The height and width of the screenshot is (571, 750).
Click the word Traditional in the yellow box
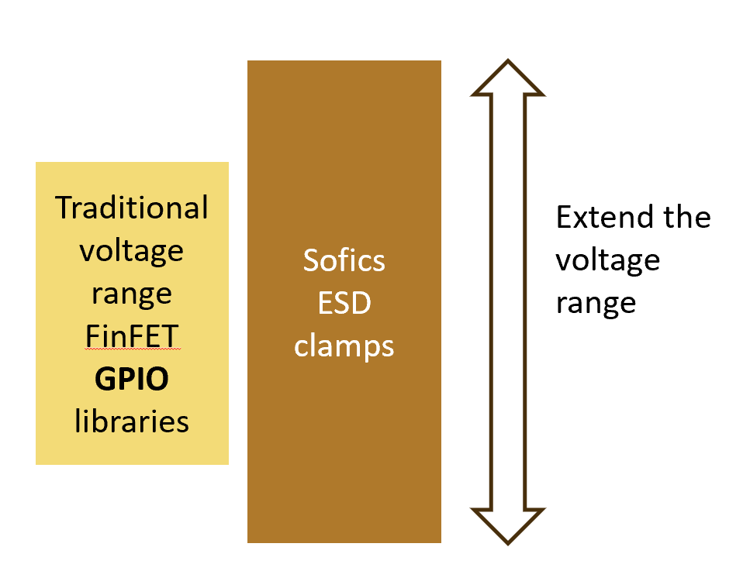(x=132, y=208)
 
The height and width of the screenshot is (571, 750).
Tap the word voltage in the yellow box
(x=132, y=251)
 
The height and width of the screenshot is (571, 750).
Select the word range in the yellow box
(x=132, y=294)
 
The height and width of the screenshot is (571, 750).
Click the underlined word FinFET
(x=132, y=337)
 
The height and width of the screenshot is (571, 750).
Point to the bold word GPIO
(x=132, y=380)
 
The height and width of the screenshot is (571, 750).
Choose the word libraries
(x=132, y=421)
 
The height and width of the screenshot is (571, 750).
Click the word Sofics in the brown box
(x=344, y=260)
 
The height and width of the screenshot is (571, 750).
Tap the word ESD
(x=344, y=303)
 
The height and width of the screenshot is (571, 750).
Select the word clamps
(x=344, y=346)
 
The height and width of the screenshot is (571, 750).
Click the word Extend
(x=602, y=217)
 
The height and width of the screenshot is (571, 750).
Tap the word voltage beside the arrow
(x=607, y=260)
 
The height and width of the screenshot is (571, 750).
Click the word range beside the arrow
(x=596, y=303)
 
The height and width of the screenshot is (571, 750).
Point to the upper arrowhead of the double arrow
(x=508, y=77)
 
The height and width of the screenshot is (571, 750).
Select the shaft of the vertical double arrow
(x=508, y=302)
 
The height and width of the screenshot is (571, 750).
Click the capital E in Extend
(x=564, y=217)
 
